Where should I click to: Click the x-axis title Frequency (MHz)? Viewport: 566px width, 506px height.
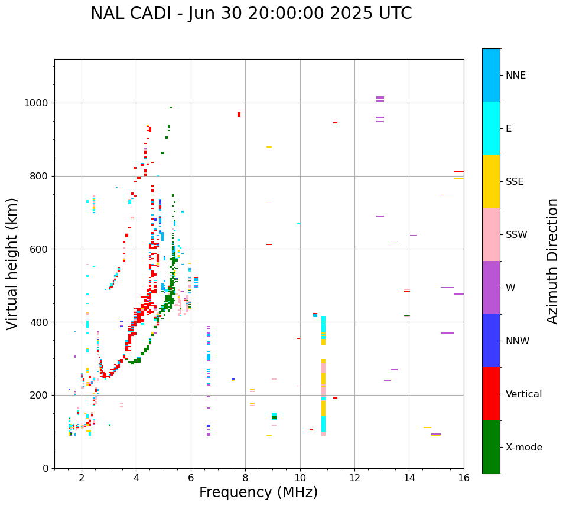point(258,492)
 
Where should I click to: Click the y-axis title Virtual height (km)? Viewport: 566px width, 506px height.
point(12,263)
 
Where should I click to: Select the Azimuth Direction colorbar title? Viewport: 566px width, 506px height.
point(552,260)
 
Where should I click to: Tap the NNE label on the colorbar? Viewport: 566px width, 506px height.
point(515,76)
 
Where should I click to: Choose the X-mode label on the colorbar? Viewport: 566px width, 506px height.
point(524,448)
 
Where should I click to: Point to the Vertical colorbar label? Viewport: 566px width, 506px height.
point(523,394)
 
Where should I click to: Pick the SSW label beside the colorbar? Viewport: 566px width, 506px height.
point(516,235)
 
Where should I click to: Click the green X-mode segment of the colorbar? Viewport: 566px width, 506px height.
point(491,447)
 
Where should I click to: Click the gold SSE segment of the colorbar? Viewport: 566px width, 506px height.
point(491,181)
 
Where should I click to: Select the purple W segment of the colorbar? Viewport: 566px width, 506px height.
point(491,288)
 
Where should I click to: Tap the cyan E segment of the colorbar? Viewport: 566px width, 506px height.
point(491,128)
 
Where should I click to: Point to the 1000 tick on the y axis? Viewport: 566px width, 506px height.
point(38,103)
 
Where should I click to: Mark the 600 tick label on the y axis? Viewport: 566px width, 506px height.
point(40,249)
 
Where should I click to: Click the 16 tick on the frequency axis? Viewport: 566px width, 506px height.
point(464,478)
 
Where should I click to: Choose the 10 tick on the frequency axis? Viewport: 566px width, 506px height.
point(300,478)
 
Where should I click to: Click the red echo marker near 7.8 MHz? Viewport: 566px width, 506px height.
point(239,115)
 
